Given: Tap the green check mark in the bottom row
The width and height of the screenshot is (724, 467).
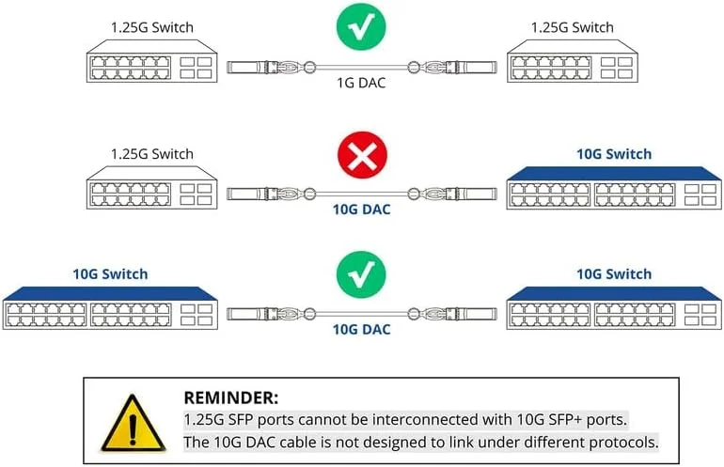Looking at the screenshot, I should coord(362,277).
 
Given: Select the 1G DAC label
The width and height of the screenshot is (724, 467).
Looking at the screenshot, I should coord(362,83).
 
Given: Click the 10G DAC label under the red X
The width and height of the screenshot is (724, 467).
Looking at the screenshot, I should coord(362,210).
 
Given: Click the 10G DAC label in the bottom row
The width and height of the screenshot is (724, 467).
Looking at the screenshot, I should coord(362,329).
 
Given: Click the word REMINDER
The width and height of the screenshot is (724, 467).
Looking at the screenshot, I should coord(230,398).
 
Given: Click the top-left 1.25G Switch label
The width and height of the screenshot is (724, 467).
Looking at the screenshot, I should coord(151,28).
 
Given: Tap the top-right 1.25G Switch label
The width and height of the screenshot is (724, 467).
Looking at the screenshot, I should coord(573,28).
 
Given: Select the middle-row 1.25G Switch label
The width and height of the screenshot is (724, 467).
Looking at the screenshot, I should coord(151,153).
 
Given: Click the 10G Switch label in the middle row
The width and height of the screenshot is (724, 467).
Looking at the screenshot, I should coord(614,153).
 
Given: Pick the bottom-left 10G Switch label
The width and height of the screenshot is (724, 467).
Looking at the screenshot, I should coord(110,273).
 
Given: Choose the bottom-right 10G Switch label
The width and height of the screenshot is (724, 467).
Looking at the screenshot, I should coord(614,273).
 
